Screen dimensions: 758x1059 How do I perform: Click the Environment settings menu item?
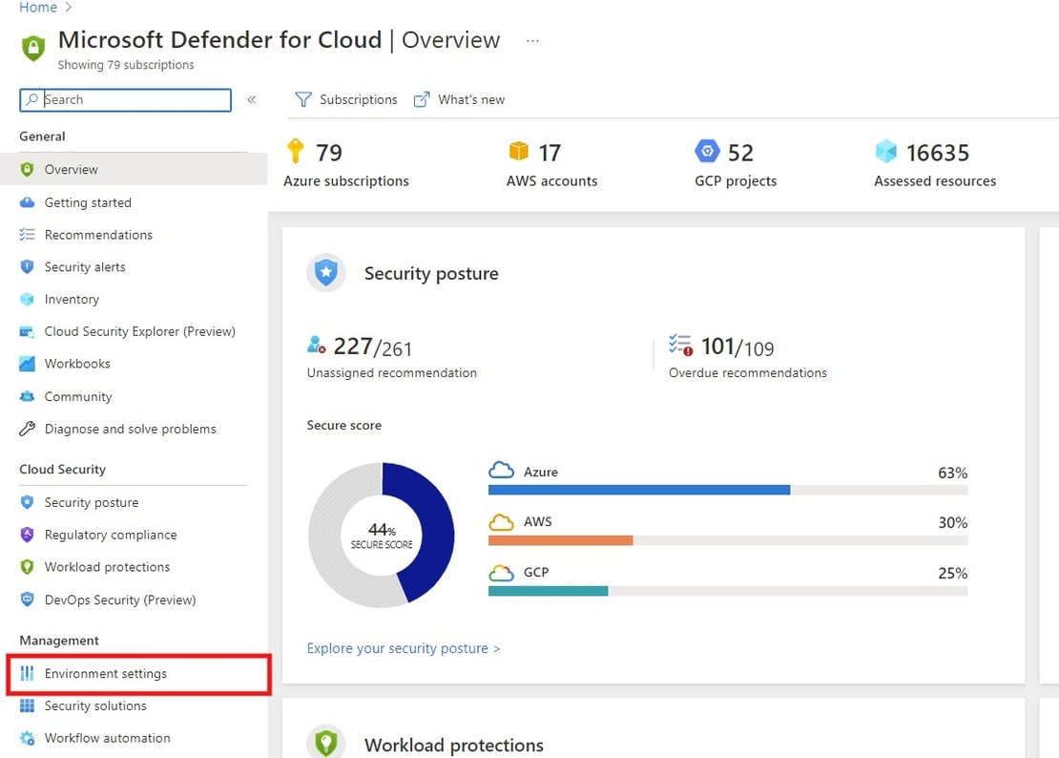(105, 674)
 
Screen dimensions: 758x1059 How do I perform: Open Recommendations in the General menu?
(98, 235)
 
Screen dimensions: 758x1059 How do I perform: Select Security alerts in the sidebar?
(85, 267)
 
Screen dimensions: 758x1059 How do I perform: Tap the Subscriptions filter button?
(346, 99)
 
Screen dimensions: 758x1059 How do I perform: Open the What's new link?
(460, 99)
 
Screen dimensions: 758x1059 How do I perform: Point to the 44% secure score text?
(382, 529)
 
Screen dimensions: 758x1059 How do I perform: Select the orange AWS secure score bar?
(560, 540)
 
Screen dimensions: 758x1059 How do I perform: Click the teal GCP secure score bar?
(548, 591)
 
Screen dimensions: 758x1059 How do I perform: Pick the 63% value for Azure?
(952, 473)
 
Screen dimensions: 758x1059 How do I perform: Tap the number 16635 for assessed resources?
(937, 153)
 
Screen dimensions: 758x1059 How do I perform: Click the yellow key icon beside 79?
(296, 151)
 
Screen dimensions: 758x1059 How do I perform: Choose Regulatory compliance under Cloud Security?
(111, 535)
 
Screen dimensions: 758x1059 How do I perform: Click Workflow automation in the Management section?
(107, 738)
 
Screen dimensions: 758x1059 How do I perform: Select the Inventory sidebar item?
(72, 300)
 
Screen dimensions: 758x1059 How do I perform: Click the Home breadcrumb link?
(38, 8)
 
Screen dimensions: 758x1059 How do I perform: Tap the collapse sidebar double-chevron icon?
(252, 99)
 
